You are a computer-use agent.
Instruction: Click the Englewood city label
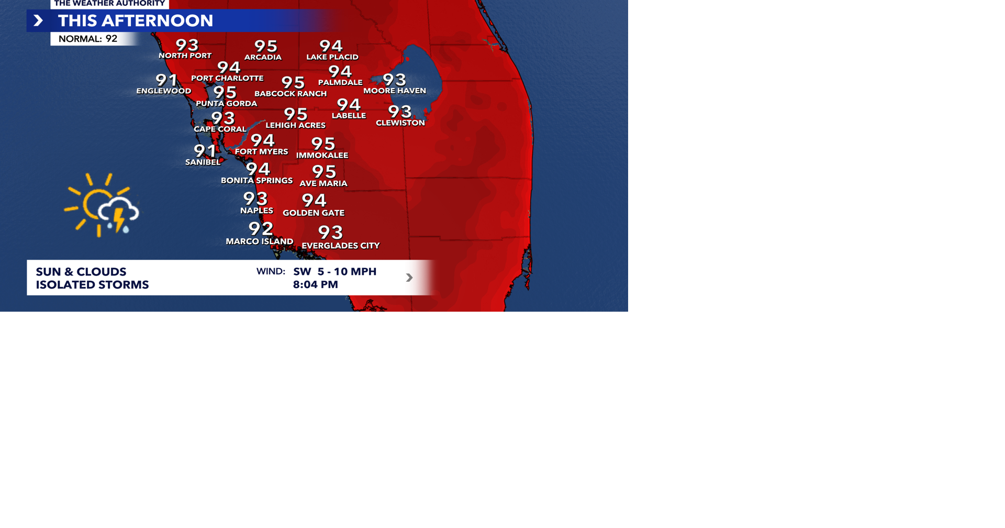(163, 91)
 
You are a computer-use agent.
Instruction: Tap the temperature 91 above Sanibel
(205, 151)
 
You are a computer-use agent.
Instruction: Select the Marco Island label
(259, 241)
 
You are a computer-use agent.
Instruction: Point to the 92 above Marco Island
(261, 228)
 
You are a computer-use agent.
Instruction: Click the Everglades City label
(341, 246)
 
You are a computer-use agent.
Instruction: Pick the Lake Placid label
(332, 57)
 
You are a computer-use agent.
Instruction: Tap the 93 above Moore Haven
(394, 80)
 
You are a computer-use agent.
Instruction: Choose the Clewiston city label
(400, 123)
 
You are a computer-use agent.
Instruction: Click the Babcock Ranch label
(291, 94)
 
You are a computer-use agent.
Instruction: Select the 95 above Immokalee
(323, 144)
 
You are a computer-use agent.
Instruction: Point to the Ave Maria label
(323, 183)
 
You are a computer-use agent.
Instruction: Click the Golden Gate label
(314, 213)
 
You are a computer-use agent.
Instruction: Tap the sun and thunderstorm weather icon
(102, 205)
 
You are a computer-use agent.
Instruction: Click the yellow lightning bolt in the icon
(119, 219)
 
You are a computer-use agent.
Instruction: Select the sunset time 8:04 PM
(315, 284)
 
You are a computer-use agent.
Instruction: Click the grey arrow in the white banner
(409, 278)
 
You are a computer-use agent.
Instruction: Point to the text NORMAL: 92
(88, 39)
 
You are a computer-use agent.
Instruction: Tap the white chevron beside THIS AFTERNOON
(38, 20)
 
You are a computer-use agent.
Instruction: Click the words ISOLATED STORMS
(92, 285)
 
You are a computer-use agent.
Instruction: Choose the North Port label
(185, 56)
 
